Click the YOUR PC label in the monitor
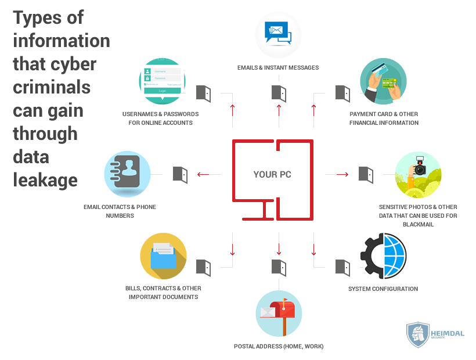273,174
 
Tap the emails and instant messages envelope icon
278,35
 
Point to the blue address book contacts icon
127,174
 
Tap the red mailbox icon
279,313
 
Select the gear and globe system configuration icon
383,255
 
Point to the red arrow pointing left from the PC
203,174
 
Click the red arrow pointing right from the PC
342,174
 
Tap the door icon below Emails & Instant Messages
279,93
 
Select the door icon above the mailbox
279,267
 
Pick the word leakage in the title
45,179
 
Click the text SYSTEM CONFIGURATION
383,289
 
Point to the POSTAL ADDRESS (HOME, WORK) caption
279,346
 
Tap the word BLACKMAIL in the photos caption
418,224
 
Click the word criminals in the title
52,87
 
